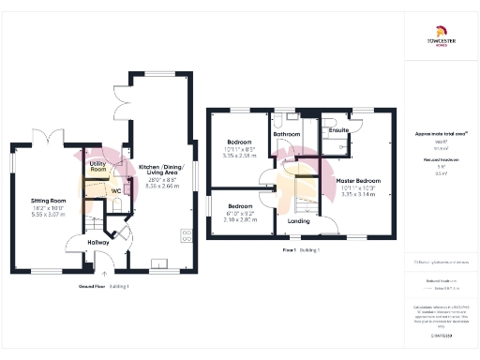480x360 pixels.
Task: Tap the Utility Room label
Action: [98, 166]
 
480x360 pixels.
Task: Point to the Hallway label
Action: [98, 243]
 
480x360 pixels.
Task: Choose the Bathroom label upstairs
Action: [286, 134]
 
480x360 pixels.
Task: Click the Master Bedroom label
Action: [357, 180]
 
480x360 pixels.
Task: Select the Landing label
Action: [298, 221]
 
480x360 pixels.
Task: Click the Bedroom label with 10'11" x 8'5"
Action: [237, 142]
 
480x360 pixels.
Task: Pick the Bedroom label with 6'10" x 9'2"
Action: [239, 205]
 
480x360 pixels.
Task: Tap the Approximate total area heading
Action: [440, 134]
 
